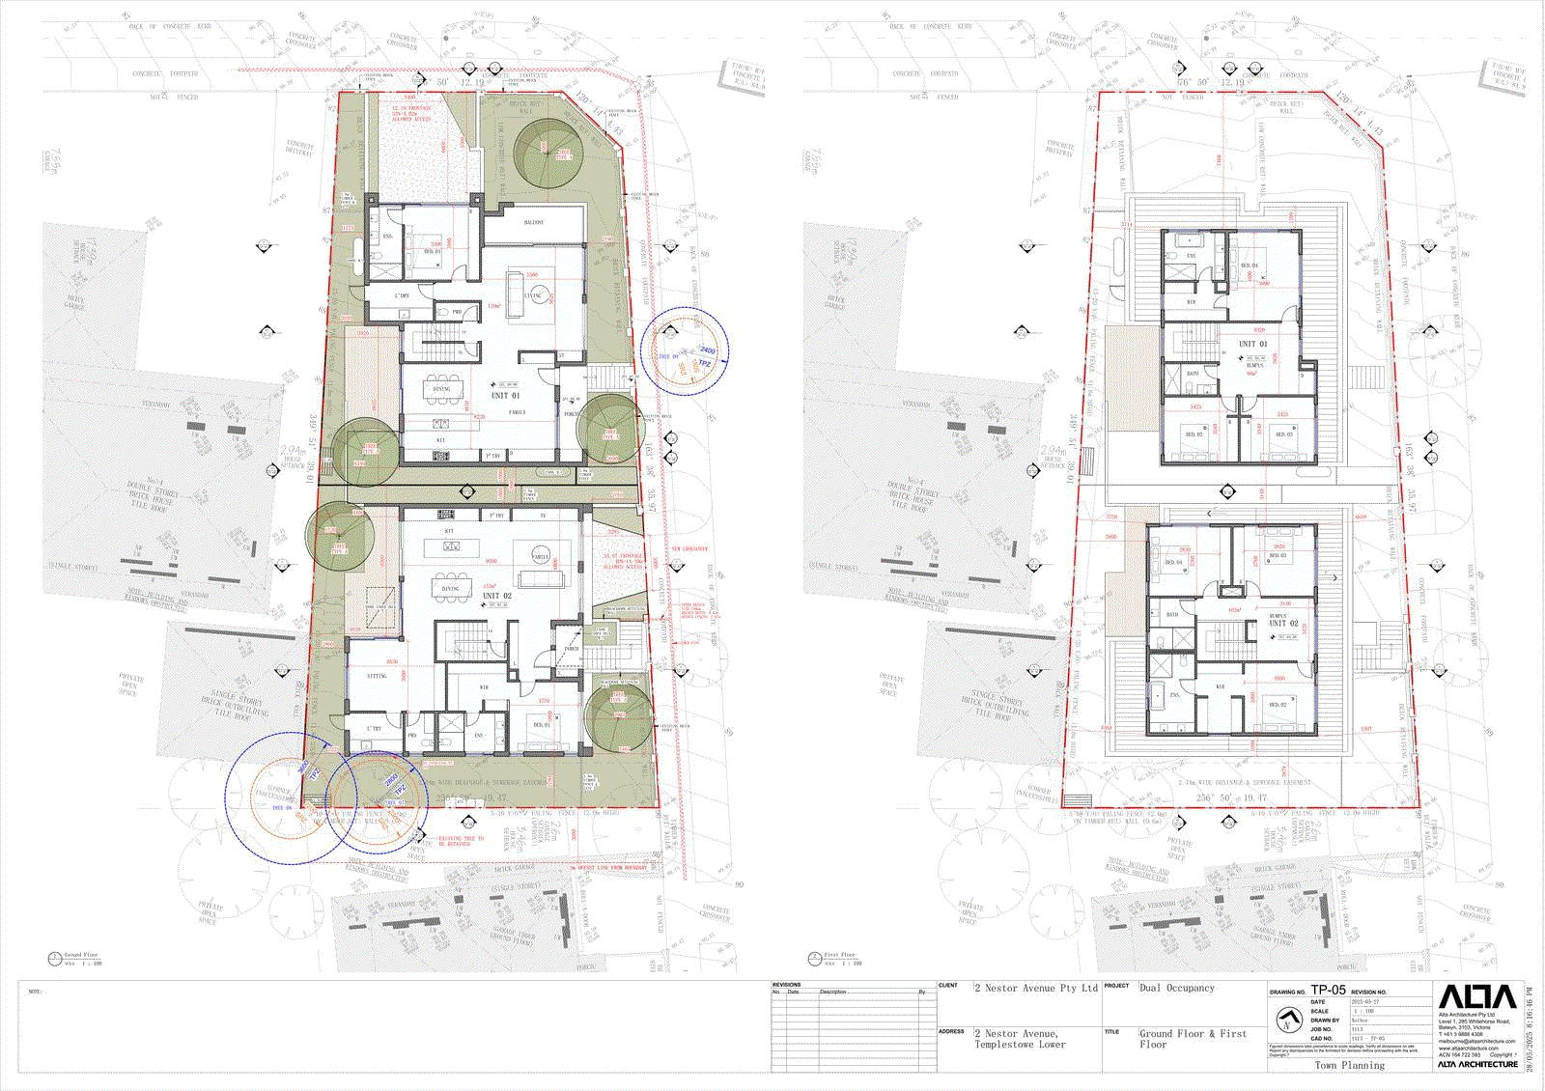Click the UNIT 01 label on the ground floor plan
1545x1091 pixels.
click(505, 395)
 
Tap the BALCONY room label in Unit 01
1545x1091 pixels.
click(534, 223)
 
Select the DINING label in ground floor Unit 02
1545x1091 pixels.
click(451, 588)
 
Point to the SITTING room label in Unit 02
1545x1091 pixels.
click(377, 676)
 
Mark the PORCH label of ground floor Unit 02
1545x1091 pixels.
click(572, 649)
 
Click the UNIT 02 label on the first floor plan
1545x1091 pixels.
click(1283, 623)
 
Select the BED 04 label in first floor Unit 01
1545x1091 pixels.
click(1249, 266)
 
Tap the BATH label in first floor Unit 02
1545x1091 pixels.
click(1172, 614)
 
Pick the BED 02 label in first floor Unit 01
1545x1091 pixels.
click(1194, 434)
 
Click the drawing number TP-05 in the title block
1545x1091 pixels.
click(1328, 990)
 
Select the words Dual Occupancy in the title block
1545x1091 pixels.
click(1177, 988)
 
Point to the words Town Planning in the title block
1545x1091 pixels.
click(1349, 1065)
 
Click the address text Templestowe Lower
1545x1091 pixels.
click(1020, 1045)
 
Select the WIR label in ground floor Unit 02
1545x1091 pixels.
click(484, 687)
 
